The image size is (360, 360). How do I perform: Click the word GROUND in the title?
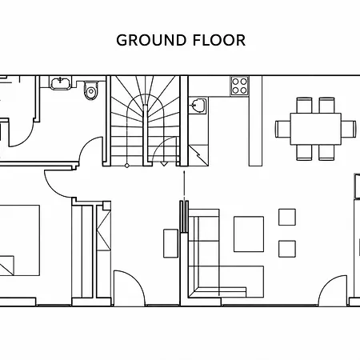point(151,40)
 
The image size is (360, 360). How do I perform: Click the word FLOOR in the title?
point(219,40)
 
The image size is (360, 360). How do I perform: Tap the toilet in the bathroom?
point(91,90)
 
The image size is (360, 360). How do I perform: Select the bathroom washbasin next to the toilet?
point(61,83)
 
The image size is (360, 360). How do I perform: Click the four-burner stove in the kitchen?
point(239,86)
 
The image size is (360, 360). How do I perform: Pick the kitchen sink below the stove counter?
point(198,106)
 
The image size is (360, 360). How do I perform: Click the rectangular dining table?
point(316,129)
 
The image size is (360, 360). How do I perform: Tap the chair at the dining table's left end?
point(283,129)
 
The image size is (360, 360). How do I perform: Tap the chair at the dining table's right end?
point(349,129)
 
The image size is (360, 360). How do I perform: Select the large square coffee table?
point(249,234)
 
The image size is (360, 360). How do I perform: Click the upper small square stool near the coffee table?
point(287,217)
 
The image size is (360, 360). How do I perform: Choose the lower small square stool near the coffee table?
point(287,249)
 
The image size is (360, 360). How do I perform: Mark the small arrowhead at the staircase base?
point(164,164)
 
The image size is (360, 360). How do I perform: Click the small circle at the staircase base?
point(127,166)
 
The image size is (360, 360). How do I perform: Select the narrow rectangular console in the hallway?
point(170,243)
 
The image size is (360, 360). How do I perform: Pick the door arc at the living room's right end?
point(327,283)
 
